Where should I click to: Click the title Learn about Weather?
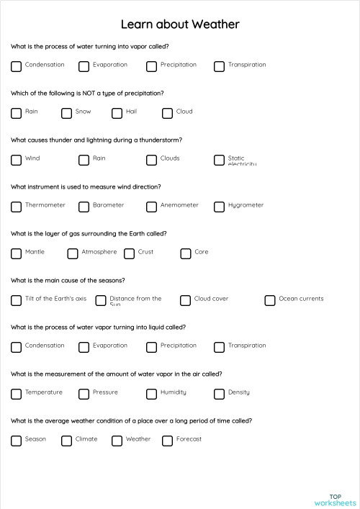coord(180,24)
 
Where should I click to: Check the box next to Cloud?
coord(168,113)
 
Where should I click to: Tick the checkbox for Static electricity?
coord(220,160)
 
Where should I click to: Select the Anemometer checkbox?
coord(152,207)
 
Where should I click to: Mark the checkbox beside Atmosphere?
coord(73,253)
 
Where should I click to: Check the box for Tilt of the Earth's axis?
coord(17,300)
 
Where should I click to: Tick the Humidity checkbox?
coord(152,394)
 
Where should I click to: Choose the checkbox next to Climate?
coord(67,441)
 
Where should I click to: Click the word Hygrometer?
coord(246,205)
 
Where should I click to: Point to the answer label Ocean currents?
coord(301,299)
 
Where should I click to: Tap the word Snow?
coord(84,112)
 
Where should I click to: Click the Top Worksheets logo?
coord(335,499)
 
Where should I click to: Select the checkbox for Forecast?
coord(168,441)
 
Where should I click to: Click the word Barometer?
coord(108,205)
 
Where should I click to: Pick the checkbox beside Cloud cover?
coord(185,300)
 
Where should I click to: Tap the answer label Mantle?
coord(35,252)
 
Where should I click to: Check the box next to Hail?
coord(117,113)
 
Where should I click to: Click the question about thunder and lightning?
coord(96,140)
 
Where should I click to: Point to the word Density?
coord(239,392)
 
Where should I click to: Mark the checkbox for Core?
coord(185,253)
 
